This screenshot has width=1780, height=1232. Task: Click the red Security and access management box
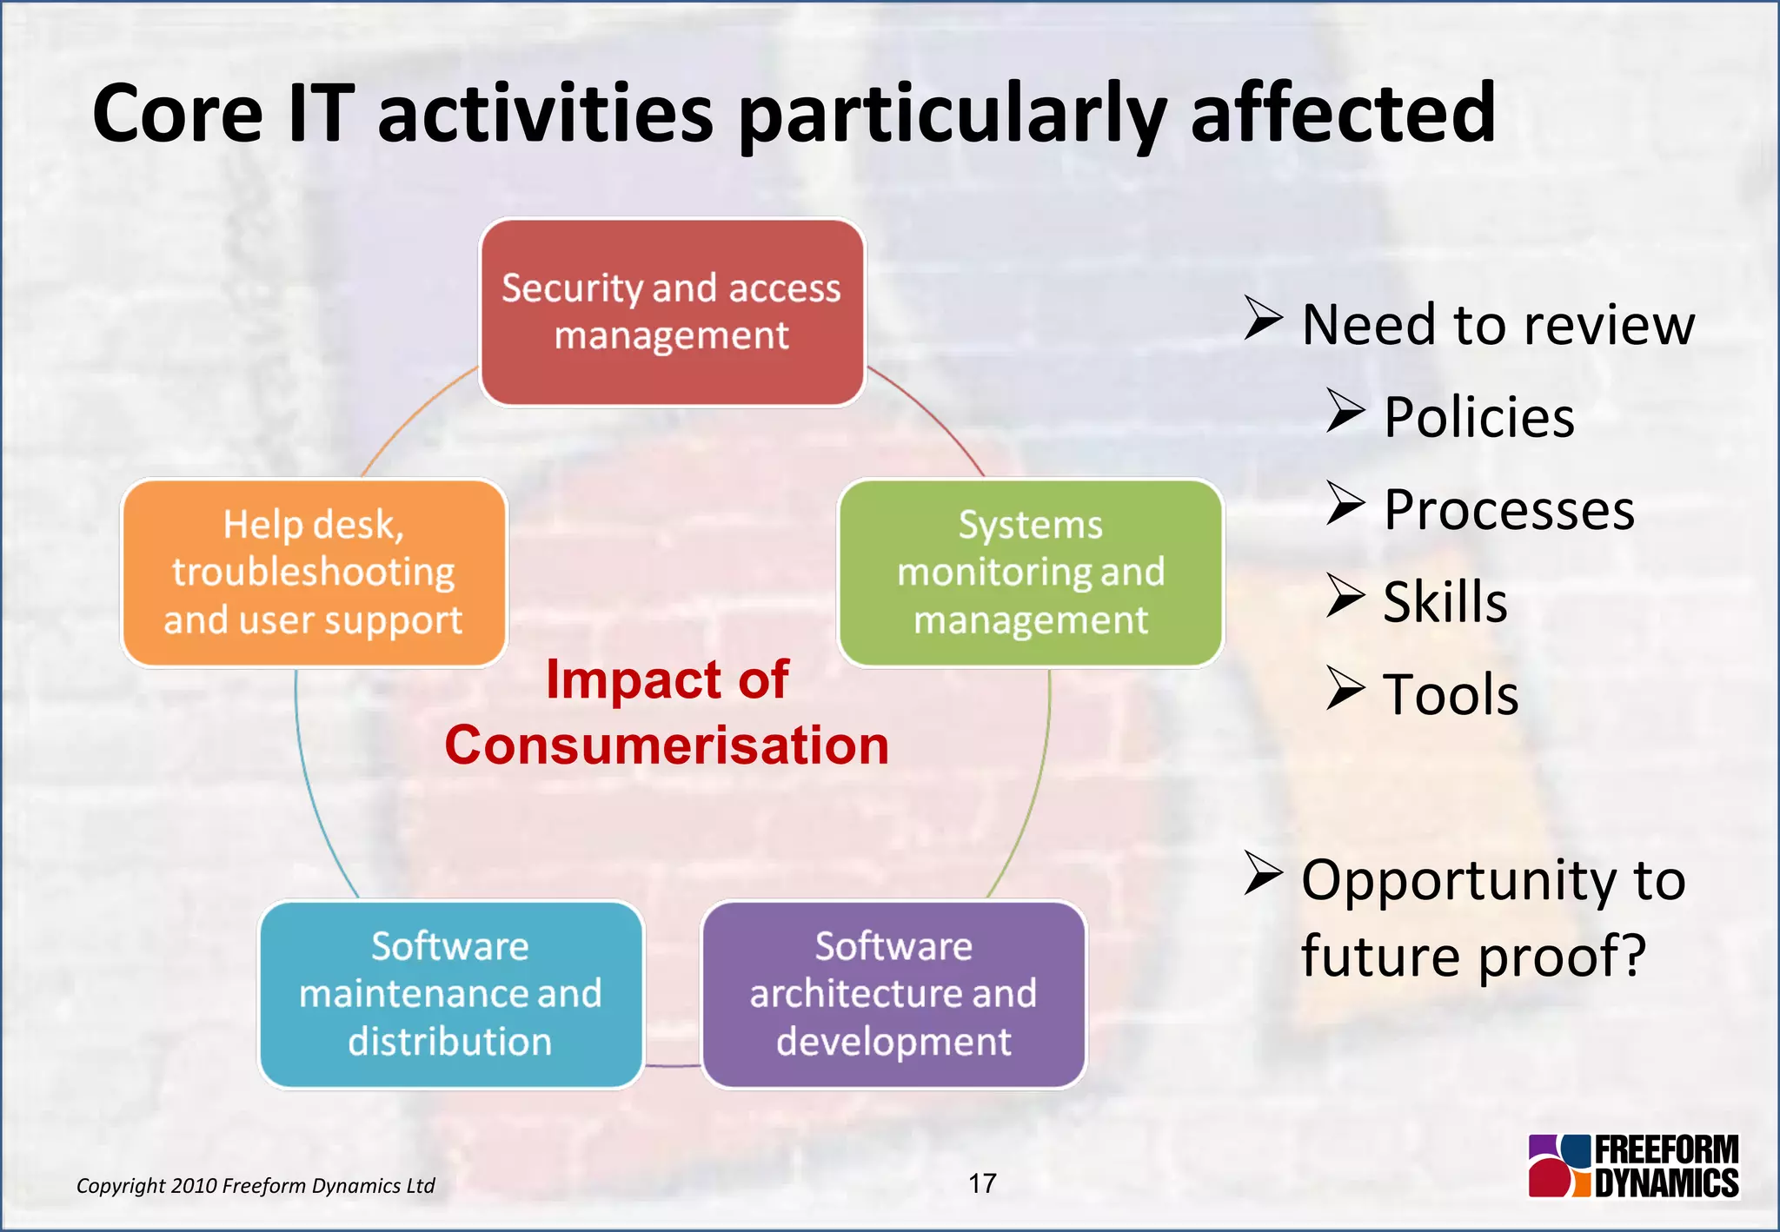point(672,312)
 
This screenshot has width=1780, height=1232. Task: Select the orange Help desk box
point(314,573)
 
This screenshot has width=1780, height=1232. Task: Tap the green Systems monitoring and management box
point(1030,573)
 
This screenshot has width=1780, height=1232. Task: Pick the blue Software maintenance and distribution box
point(450,994)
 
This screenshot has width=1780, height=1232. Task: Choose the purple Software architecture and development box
point(893,994)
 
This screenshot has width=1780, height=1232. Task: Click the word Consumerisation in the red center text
point(667,745)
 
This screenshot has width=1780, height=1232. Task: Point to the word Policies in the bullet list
point(1478,417)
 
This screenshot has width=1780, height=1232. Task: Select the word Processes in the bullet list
point(1509,510)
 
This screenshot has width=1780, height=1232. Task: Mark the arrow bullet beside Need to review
point(1262,318)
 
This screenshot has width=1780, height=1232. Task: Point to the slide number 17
point(982,1183)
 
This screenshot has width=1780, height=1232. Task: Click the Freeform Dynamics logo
point(1634,1166)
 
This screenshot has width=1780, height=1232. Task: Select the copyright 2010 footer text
point(256,1186)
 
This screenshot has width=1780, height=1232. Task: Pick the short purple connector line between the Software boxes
point(673,1065)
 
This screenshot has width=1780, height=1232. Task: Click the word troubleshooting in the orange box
point(314,573)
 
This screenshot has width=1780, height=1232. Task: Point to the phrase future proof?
point(1473,956)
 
